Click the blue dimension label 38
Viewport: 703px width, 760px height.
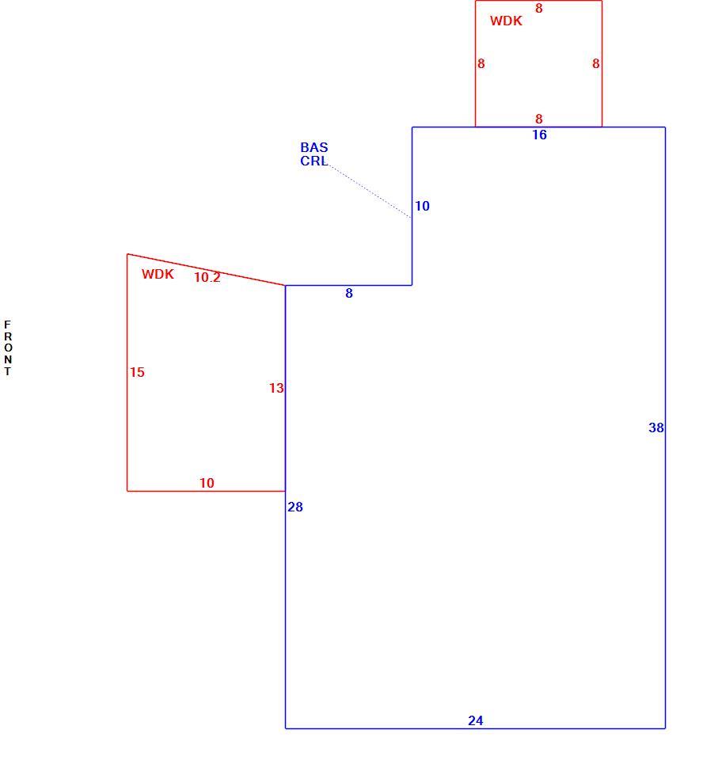(656, 427)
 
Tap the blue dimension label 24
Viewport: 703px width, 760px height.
(475, 720)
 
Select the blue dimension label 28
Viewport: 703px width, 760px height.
(294, 507)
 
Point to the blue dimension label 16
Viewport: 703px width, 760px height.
(539, 135)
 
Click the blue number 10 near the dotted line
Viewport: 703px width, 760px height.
(422, 206)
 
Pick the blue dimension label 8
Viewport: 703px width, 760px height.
(349, 293)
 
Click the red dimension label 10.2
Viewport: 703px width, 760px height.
(207, 277)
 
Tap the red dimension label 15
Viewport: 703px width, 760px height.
(137, 372)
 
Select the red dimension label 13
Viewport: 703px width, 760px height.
(276, 388)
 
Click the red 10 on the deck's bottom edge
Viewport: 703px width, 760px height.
(207, 483)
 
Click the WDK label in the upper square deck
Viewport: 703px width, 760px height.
(506, 21)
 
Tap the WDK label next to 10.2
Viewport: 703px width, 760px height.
(158, 274)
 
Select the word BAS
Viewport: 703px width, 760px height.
(313, 147)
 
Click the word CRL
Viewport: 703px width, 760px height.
(313, 161)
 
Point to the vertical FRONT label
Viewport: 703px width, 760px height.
(7, 348)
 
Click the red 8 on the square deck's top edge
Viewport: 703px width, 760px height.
(538, 8)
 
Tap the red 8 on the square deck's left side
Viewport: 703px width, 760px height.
(481, 63)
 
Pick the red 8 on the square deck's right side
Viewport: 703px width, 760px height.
(596, 63)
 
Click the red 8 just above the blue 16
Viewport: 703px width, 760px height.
(538, 119)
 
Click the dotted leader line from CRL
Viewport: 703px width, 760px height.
(370, 192)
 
